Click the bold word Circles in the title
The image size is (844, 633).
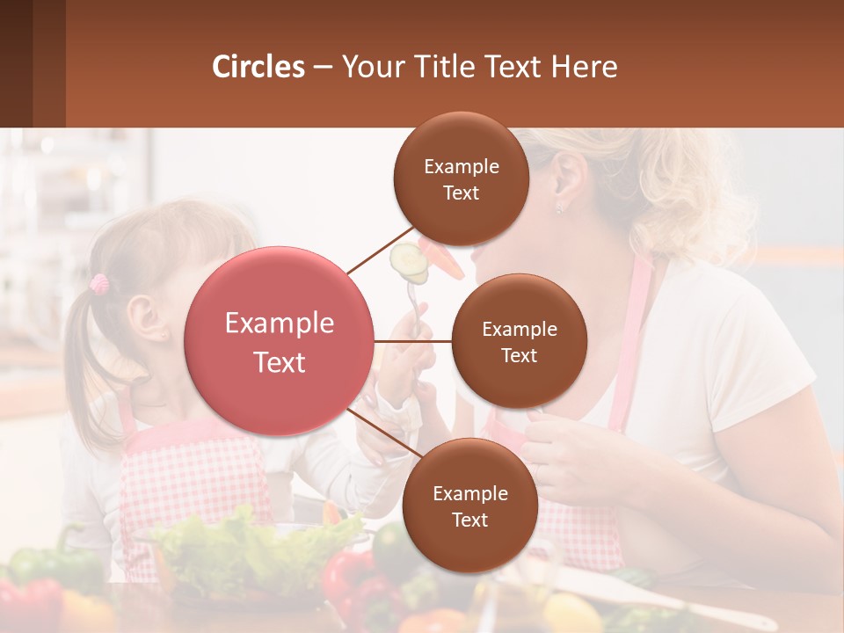pyautogui.click(x=258, y=67)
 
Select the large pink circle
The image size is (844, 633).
pyautogui.click(x=279, y=341)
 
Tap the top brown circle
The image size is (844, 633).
pyautogui.click(x=461, y=178)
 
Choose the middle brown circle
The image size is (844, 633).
pyautogui.click(x=519, y=341)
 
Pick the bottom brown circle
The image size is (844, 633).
pyautogui.click(x=469, y=506)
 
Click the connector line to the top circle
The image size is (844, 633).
pyautogui.click(x=380, y=250)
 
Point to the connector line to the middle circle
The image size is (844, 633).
pyautogui.click(x=413, y=341)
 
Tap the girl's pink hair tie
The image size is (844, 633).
pyautogui.click(x=100, y=283)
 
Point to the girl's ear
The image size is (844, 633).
pyautogui.click(x=145, y=318)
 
